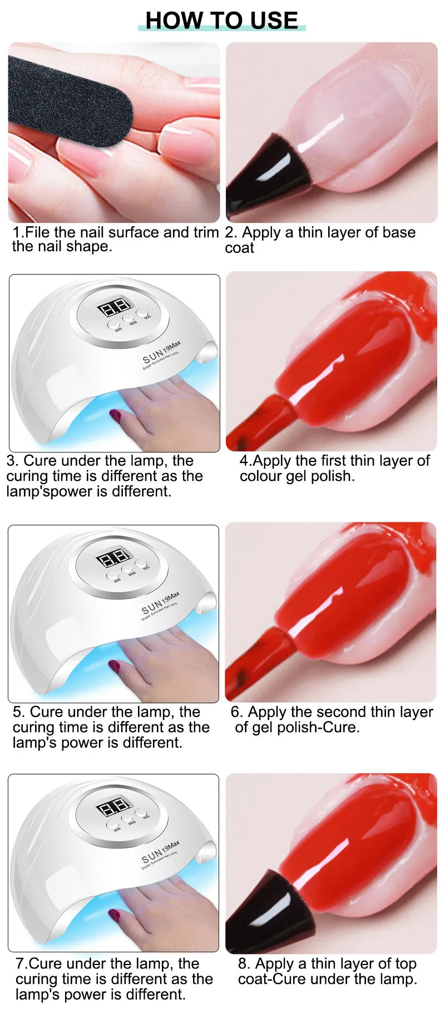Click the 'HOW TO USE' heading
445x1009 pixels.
click(222, 21)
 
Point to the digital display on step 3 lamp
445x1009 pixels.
click(114, 307)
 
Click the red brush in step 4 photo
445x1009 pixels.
click(261, 420)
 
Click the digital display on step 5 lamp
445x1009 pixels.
click(113, 558)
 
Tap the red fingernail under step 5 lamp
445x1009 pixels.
click(115, 665)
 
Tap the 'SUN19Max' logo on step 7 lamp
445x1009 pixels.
click(160, 853)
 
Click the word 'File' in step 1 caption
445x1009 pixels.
click(37, 232)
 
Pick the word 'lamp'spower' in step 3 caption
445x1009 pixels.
click(53, 492)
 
